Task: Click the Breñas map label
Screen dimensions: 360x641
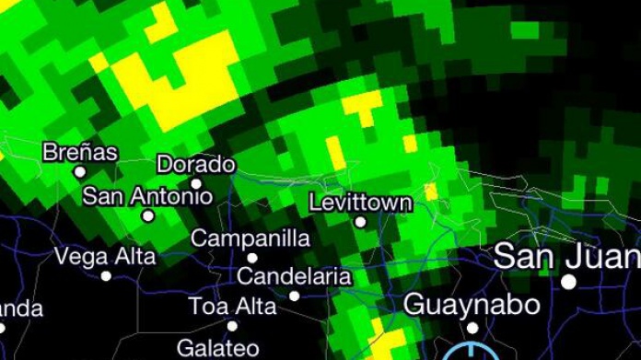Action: point(80,152)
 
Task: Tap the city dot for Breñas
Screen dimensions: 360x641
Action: point(80,171)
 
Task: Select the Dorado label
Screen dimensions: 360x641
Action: point(196,165)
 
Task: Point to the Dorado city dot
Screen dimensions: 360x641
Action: point(196,183)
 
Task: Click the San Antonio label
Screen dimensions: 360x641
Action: point(147,196)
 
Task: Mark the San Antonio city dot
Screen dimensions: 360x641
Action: point(147,216)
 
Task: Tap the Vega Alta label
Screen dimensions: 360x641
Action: point(106,256)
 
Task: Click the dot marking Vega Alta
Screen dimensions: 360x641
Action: point(106,275)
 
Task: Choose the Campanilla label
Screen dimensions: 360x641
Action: point(251,238)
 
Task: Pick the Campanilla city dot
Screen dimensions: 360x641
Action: point(251,258)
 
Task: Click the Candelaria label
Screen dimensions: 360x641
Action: point(294,276)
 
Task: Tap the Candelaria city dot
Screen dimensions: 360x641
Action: point(295,296)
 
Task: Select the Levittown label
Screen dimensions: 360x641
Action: point(360,202)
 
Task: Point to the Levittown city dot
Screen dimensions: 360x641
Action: point(360,221)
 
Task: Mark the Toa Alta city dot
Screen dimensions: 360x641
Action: point(232,325)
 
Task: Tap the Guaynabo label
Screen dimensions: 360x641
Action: point(472,303)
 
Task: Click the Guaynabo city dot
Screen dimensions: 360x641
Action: point(472,327)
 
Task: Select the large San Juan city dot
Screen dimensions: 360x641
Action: point(569,281)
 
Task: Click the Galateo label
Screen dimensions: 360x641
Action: point(217,347)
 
